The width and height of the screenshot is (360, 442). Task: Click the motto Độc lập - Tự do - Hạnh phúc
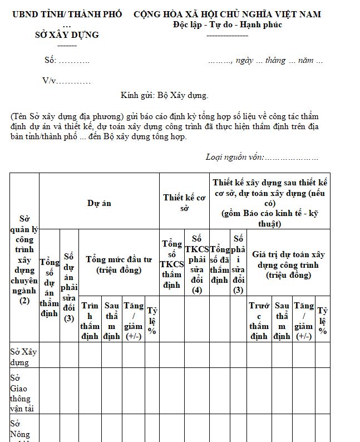[227, 24]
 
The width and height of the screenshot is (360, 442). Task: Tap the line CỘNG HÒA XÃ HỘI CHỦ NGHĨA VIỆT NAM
[227, 14]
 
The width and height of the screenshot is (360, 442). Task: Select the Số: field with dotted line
[67, 60]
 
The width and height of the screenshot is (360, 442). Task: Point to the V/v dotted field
[67, 81]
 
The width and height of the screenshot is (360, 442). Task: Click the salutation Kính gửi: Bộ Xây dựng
[164, 95]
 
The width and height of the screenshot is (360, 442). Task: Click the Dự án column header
[99, 203]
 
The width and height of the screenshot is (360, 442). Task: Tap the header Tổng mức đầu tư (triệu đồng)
[119, 265]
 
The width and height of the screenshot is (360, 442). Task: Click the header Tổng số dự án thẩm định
[50, 287]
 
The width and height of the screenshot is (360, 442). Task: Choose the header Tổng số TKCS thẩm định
[171, 264]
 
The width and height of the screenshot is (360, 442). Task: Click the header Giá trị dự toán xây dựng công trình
[288, 264]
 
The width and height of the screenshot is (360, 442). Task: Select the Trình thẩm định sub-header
[90, 321]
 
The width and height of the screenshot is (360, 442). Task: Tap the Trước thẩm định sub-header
[259, 321]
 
